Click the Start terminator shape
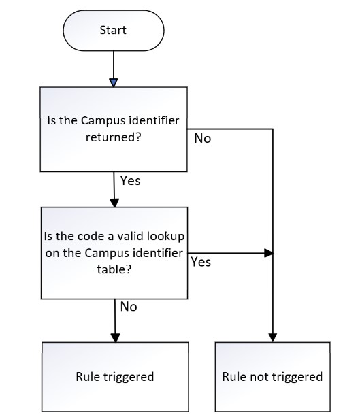tap(114, 31)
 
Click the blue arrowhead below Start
tap(114, 83)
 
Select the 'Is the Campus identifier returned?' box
tap(114, 129)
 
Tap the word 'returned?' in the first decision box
tap(113, 138)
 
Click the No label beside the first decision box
tap(203, 139)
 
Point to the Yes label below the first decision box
tap(130, 180)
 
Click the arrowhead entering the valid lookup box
tap(114, 203)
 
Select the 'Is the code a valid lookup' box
tap(114, 253)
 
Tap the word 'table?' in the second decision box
tap(114, 269)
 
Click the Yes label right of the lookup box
tap(201, 262)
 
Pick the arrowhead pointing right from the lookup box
tap(269, 253)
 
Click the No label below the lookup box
tap(129, 307)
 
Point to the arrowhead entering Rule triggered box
tap(115, 338)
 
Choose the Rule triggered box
tap(115, 377)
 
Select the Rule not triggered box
tap(272, 377)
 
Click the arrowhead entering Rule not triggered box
tap(273, 337)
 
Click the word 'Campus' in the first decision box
tap(103, 121)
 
